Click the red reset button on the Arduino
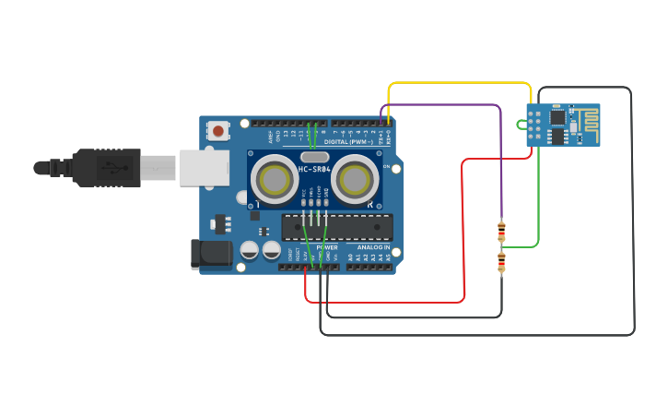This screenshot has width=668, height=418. tap(217, 131)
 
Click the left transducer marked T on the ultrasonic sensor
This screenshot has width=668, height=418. tap(274, 176)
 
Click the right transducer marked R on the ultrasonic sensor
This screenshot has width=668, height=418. tap(357, 178)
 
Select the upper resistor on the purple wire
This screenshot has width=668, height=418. tap(501, 229)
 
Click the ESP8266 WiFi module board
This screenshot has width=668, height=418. tap(563, 125)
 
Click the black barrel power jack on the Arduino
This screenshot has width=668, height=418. tap(209, 255)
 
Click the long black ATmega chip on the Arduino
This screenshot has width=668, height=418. tap(337, 227)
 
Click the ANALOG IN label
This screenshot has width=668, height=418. tap(374, 247)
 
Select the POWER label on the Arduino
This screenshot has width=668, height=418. tap(327, 247)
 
